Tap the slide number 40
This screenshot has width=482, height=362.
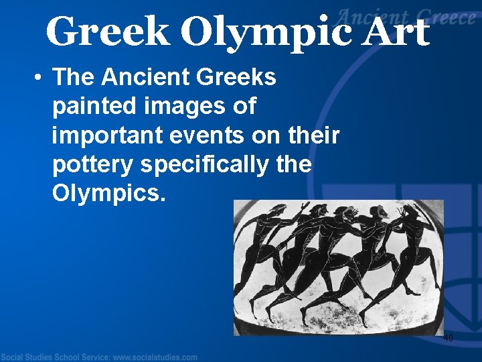click(x=448, y=339)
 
